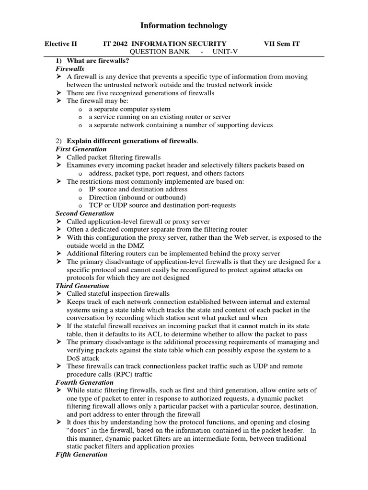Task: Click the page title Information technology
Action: (184, 26)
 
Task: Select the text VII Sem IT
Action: (282, 44)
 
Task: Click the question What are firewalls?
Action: (98, 61)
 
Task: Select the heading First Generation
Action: (81, 149)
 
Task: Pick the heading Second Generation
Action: (85, 213)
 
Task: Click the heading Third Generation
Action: (82, 286)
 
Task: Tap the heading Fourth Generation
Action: (85, 382)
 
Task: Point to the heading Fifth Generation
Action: (81, 455)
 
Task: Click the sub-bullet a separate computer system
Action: (123, 109)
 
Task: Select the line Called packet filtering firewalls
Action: (114, 157)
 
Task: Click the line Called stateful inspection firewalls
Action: (118, 294)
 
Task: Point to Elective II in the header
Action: (60, 44)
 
